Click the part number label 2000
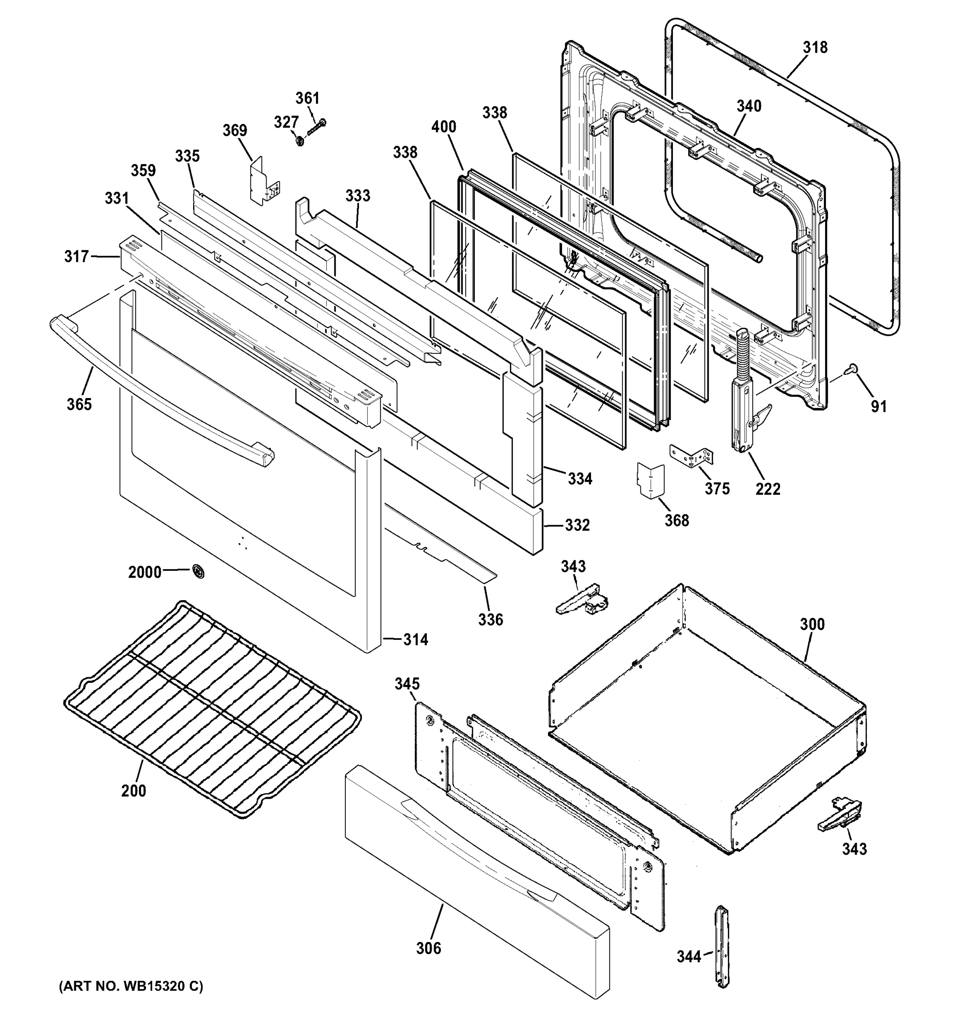click(145, 572)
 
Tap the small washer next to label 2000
click(198, 571)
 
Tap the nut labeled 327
click(299, 139)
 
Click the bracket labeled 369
click(264, 182)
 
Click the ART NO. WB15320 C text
click(131, 986)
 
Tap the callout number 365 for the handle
click(79, 404)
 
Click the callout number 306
click(428, 948)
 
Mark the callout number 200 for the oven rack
click(133, 790)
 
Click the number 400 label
click(443, 127)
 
